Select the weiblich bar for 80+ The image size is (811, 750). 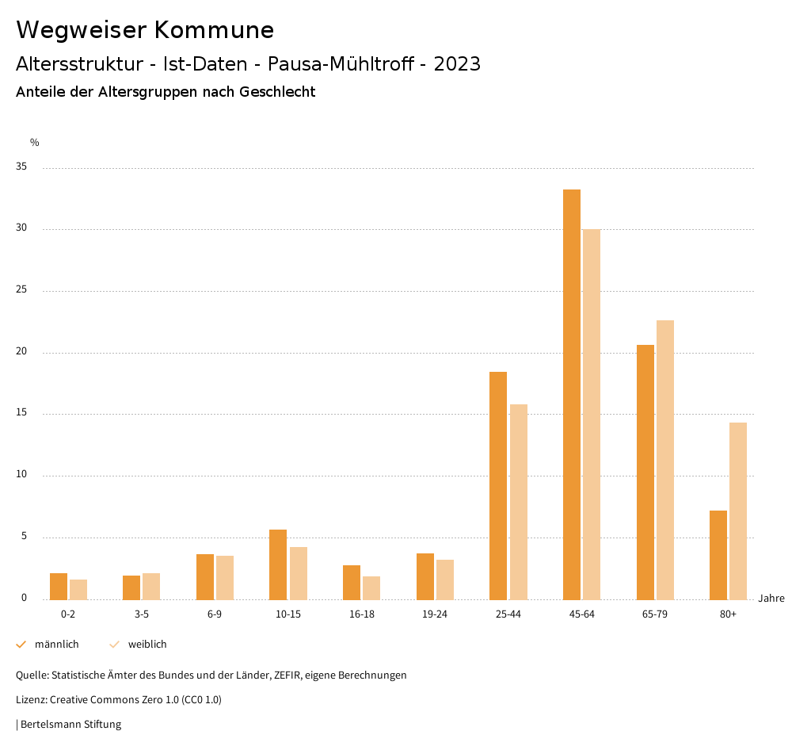pos(738,511)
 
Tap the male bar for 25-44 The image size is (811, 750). pos(498,485)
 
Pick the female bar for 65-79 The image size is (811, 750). pos(665,460)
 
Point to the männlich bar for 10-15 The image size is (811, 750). pos(278,564)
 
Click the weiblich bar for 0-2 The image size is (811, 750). pos(78,590)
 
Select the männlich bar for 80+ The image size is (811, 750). pos(718,555)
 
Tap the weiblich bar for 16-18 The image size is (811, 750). pos(371,587)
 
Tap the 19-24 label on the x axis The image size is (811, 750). pos(435,614)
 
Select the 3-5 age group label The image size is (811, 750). pos(142,614)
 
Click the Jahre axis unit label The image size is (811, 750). pos(771,599)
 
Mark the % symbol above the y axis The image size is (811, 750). pos(35,143)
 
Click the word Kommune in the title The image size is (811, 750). pos(214,30)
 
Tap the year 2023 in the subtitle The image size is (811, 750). pos(457,64)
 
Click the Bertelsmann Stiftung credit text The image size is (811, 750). pos(70,725)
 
